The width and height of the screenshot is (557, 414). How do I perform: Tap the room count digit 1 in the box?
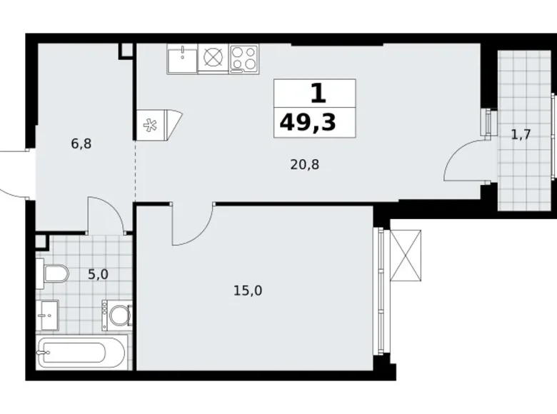click(315, 93)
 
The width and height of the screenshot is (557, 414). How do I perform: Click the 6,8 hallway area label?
click(81, 143)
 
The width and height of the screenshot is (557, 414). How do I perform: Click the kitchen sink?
click(183, 59)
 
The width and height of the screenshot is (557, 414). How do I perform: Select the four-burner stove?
click(244, 59)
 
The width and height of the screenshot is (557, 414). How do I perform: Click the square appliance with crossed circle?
click(213, 59)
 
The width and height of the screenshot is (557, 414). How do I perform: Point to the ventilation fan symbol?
click(151, 126)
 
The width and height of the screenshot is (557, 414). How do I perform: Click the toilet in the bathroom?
click(54, 273)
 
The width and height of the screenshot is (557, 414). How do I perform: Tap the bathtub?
click(83, 353)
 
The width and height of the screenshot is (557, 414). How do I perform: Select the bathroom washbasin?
click(49, 313)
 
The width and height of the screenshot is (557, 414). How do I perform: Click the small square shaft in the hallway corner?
click(126, 50)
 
